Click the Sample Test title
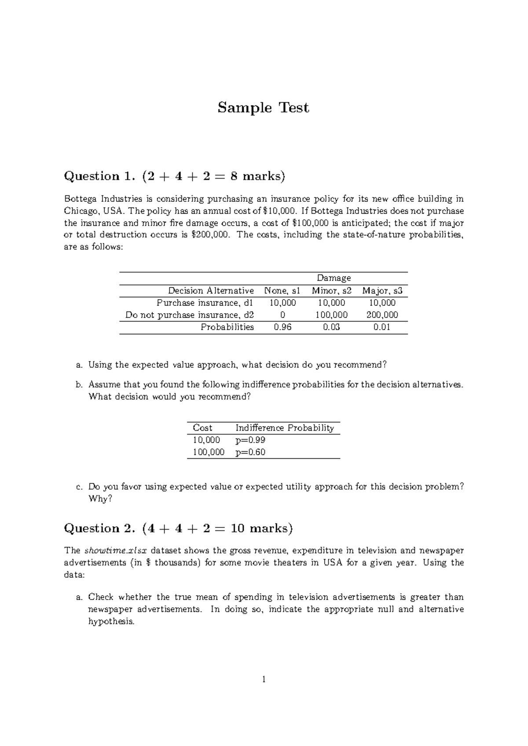tap(263, 107)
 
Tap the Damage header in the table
tap(334, 278)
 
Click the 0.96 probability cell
tap(282, 327)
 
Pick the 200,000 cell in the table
tap(382, 315)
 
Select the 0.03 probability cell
tap(331, 327)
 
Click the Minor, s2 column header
tap(331, 291)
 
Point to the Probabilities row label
tap(227, 327)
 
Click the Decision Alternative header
tap(211, 291)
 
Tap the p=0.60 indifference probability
tap(250, 452)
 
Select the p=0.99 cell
tap(250, 440)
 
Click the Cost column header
tap(202, 428)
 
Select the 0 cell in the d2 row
tap(282, 315)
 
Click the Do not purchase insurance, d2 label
tap(190, 315)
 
